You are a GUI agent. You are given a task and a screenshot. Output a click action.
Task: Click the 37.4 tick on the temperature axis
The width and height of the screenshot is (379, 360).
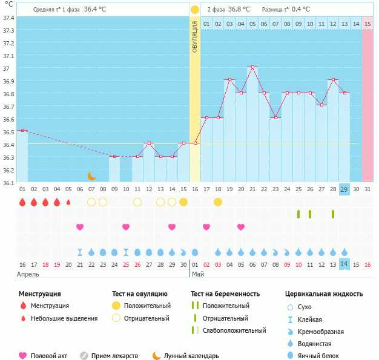(x=8, y=18)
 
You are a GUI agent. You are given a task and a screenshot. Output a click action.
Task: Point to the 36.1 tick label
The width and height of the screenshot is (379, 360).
(x=8, y=182)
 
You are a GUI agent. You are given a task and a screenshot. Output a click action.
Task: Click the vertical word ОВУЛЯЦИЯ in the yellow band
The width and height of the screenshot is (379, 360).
(x=195, y=36)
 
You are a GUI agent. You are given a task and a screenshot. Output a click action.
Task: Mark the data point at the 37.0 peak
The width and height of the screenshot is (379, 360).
(x=252, y=67)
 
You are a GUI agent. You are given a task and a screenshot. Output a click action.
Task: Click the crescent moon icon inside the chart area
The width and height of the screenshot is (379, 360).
(x=91, y=176)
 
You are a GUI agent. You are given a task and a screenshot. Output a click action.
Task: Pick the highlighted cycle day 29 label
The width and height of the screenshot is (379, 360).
(x=344, y=189)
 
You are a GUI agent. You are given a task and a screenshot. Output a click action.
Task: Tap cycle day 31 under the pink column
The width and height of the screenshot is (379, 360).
(x=367, y=189)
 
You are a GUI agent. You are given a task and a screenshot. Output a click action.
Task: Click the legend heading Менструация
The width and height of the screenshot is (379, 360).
(x=39, y=294)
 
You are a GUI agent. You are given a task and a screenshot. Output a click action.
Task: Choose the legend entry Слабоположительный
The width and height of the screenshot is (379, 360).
(x=234, y=330)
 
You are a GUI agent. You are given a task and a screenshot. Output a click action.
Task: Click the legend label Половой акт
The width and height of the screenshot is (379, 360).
(x=48, y=356)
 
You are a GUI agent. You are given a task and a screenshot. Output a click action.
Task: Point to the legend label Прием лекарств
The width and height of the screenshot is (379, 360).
(x=114, y=356)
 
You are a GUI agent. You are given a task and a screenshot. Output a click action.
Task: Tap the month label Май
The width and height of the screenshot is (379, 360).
(x=198, y=274)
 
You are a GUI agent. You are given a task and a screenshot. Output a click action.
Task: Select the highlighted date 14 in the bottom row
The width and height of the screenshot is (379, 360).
(x=344, y=264)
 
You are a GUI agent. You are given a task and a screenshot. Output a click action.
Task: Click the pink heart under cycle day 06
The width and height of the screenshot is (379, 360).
(x=80, y=227)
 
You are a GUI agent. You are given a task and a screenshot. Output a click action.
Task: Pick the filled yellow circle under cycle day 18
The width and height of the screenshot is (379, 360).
(x=218, y=201)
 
